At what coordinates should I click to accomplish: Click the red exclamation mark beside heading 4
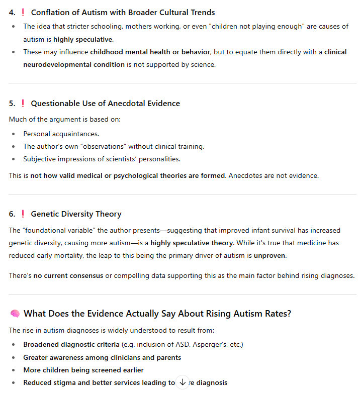23,13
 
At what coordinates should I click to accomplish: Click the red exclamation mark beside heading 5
23,104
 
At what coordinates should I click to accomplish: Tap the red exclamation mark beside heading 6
23,214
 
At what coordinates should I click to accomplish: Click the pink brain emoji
15,314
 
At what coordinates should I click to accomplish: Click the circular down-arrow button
182,382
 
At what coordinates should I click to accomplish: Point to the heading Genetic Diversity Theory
76,214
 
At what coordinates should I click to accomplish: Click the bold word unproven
271,255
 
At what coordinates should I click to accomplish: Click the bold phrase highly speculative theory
192,243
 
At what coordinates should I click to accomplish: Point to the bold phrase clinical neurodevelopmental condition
74,64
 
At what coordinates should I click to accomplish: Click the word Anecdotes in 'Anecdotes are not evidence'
245,175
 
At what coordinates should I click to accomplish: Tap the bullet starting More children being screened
83,370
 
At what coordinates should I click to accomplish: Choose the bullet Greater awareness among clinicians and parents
102,357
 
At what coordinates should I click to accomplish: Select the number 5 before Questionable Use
11,104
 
